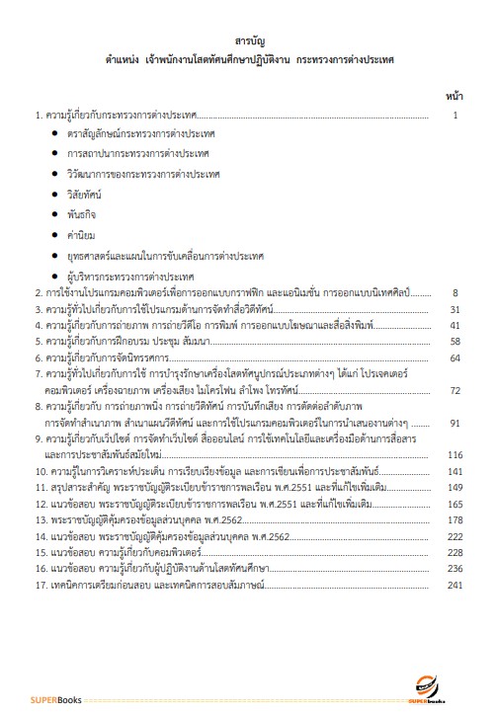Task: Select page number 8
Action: click(x=455, y=293)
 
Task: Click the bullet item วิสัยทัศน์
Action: click(x=86, y=195)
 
